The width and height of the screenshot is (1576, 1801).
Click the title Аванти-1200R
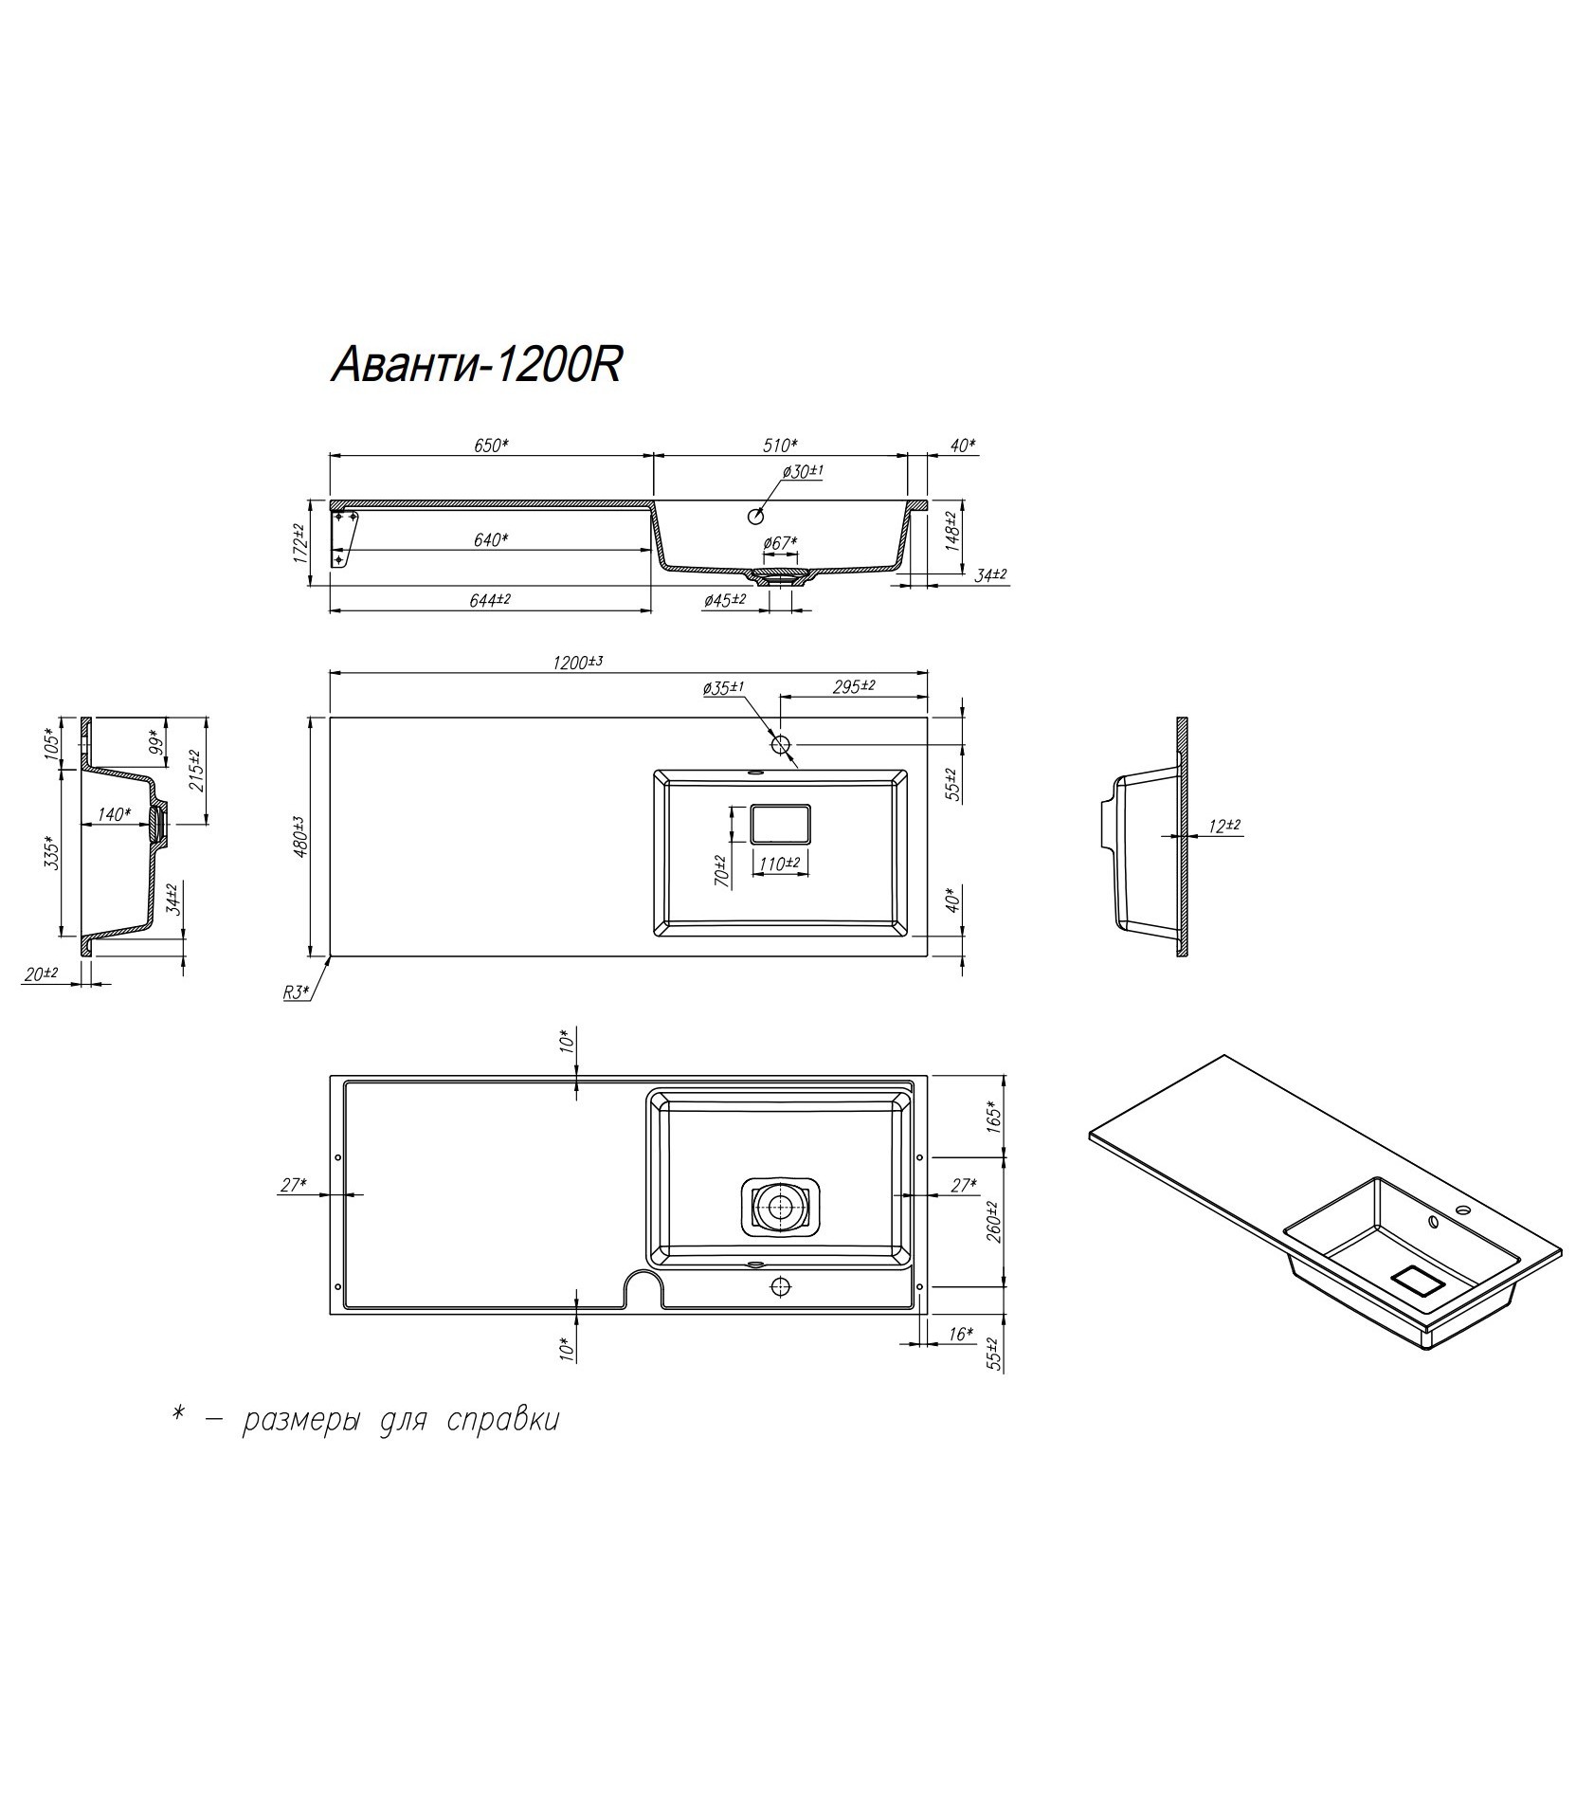click(476, 365)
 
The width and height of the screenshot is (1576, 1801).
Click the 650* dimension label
click(490, 446)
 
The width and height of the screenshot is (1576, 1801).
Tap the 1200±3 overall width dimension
click(579, 662)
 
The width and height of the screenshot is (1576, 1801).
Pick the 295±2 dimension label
click(854, 686)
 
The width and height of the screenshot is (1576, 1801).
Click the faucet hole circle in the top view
click(781, 745)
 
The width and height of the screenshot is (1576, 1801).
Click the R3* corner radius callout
click(296, 992)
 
